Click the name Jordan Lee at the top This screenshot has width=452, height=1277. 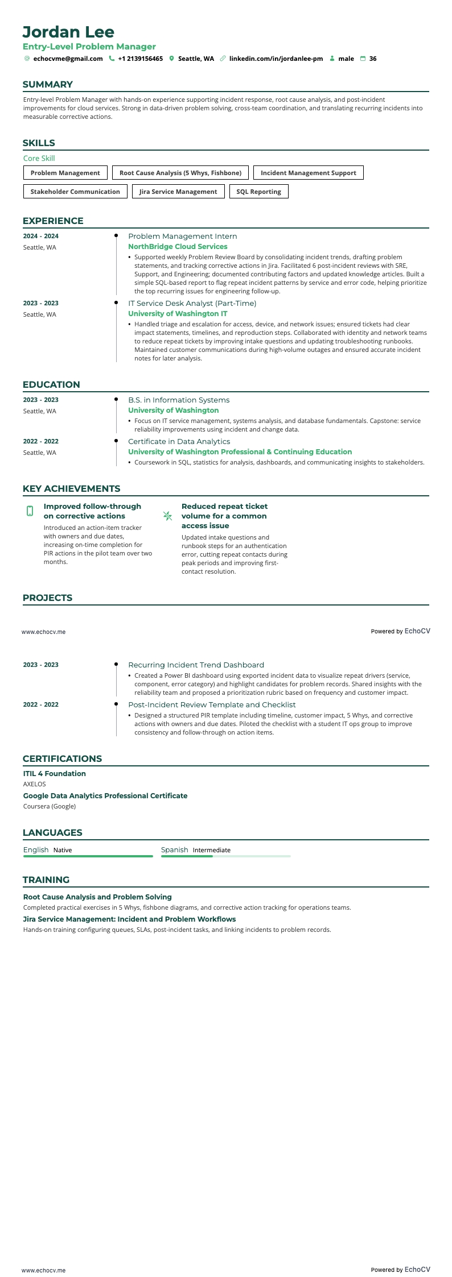[68, 32]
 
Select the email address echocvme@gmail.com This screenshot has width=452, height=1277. [68, 59]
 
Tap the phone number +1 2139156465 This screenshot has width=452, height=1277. [140, 59]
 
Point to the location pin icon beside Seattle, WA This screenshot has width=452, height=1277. [171, 59]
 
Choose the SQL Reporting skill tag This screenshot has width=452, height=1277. [258, 192]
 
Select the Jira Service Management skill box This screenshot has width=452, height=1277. [178, 192]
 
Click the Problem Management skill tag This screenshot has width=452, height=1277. [65, 173]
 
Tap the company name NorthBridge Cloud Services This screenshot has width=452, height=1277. [178, 247]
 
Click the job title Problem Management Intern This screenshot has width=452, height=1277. [182, 237]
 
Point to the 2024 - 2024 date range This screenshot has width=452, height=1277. [40, 236]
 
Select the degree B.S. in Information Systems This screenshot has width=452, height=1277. [179, 400]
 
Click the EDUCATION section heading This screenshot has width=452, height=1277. [51, 384]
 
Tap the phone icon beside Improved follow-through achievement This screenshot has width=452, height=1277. [30, 511]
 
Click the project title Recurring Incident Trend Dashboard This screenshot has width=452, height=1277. [196, 665]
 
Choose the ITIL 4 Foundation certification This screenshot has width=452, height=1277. [54, 773]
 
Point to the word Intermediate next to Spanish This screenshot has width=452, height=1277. [211, 850]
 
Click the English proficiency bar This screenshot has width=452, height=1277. [88, 856]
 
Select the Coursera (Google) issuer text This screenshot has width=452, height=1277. [49, 806]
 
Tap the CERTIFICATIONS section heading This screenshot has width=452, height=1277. [62, 758]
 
